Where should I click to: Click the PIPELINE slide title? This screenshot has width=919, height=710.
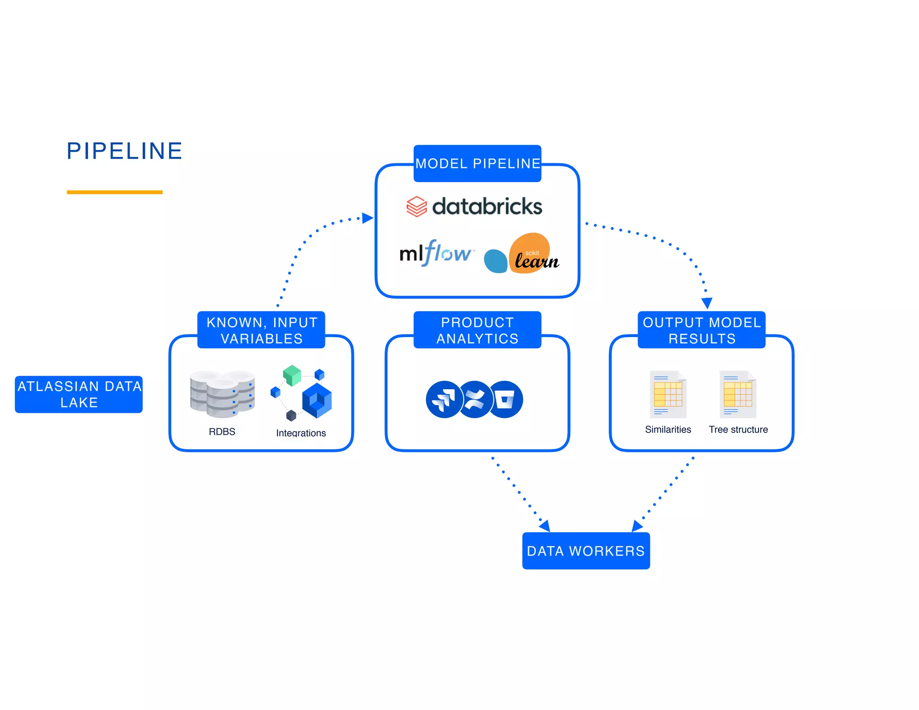pyautogui.click(x=124, y=151)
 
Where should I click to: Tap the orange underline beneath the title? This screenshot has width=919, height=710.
pyautogui.click(x=114, y=192)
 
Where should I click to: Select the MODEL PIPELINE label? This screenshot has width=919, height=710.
pyautogui.click(x=477, y=163)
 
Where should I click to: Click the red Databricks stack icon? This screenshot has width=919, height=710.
pyautogui.click(x=416, y=206)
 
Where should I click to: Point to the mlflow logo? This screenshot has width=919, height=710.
pyautogui.click(x=435, y=253)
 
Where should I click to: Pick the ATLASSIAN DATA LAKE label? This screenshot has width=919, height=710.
pyautogui.click(x=79, y=394)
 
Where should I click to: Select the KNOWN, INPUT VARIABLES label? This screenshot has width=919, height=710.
pyautogui.click(x=262, y=330)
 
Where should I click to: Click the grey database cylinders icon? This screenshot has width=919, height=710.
pyautogui.click(x=222, y=394)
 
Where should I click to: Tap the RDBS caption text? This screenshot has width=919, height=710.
pyautogui.click(x=222, y=432)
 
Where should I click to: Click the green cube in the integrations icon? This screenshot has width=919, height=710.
pyautogui.click(x=292, y=375)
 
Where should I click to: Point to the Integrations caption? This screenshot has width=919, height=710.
pyautogui.click(x=301, y=433)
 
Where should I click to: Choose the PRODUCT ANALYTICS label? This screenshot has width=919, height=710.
pyautogui.click(x=477, y=330)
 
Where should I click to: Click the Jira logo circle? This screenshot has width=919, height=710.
pyautogui.click(x=443, y=399)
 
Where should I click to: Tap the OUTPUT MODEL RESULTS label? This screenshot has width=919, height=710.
pyautogui.click(x=702, y=330)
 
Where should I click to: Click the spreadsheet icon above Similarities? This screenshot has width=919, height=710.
pyautogui.click(x=668, y=394)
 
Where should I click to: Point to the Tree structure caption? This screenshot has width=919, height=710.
pyautogui.click(x=738, y=430)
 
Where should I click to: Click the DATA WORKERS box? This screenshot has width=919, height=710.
pyautogui.click(x=586, y=551)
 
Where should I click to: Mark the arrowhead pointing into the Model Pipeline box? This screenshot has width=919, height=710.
pyautogui.click(x=368, y=218)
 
